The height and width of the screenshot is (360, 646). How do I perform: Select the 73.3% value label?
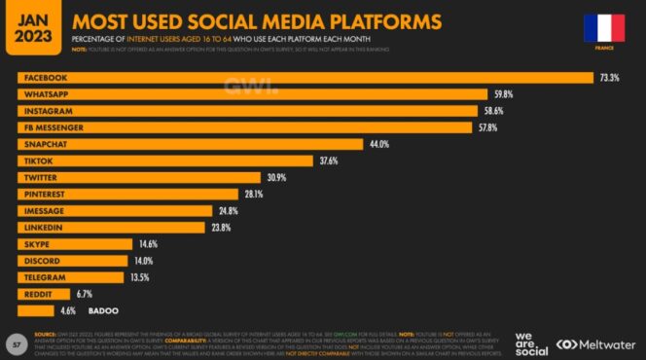point(610,78)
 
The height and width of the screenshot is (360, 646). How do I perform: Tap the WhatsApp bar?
point(252,94)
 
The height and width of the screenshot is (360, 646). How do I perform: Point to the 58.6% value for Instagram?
point(495,111)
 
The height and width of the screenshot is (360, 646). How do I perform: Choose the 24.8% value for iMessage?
point(229,210)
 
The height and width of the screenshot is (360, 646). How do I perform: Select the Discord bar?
point(73,260)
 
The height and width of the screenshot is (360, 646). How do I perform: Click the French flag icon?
point(603,28)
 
